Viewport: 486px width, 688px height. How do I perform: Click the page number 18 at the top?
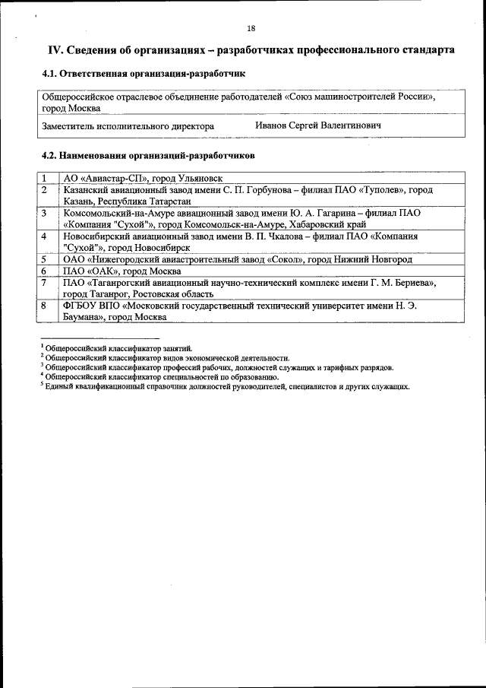click(251, 29)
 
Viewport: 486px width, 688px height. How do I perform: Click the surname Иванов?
click(271, 125)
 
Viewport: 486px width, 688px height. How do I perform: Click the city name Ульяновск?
click(199, 178)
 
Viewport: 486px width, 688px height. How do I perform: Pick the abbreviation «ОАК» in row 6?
click(106, 271)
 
